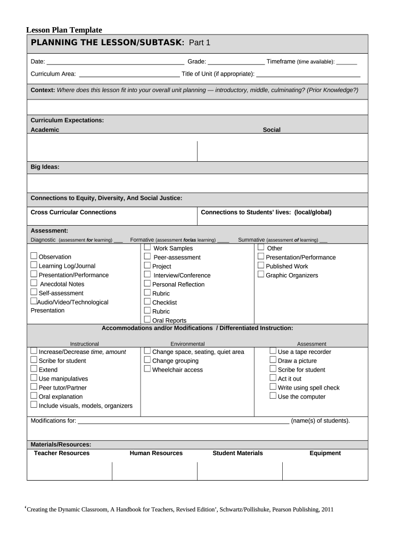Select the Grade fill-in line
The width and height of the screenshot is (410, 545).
tap(236, 62)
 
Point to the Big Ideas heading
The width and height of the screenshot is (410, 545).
tap(45, 167)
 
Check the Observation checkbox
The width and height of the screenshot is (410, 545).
tap(34, 257)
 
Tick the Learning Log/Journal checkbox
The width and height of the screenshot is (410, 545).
tap(34, 265)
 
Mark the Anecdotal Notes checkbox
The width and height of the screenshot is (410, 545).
tap(34, 283)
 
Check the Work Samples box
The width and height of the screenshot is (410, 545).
tap(147, 247)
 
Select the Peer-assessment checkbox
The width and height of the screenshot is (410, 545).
tap(147, 257)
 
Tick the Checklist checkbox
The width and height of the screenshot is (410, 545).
tap(147, 302)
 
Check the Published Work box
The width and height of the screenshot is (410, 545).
tap(261, 266)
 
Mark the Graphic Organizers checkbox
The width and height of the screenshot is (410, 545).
tap(261, 275)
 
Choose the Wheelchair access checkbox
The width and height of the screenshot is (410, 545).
tap(147, 369)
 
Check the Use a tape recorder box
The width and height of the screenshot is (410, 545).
tap(273, 351)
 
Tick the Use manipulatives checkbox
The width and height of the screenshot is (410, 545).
tap(34, 378)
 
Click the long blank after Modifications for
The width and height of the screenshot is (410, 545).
tap(183, 421)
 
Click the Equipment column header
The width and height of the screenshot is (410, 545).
tap(325, 453)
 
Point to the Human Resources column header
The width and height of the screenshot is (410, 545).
tap(156, 453)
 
